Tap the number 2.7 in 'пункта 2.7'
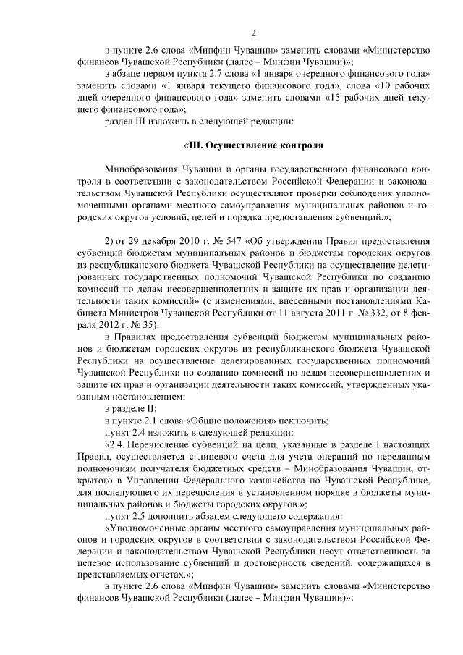209,75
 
